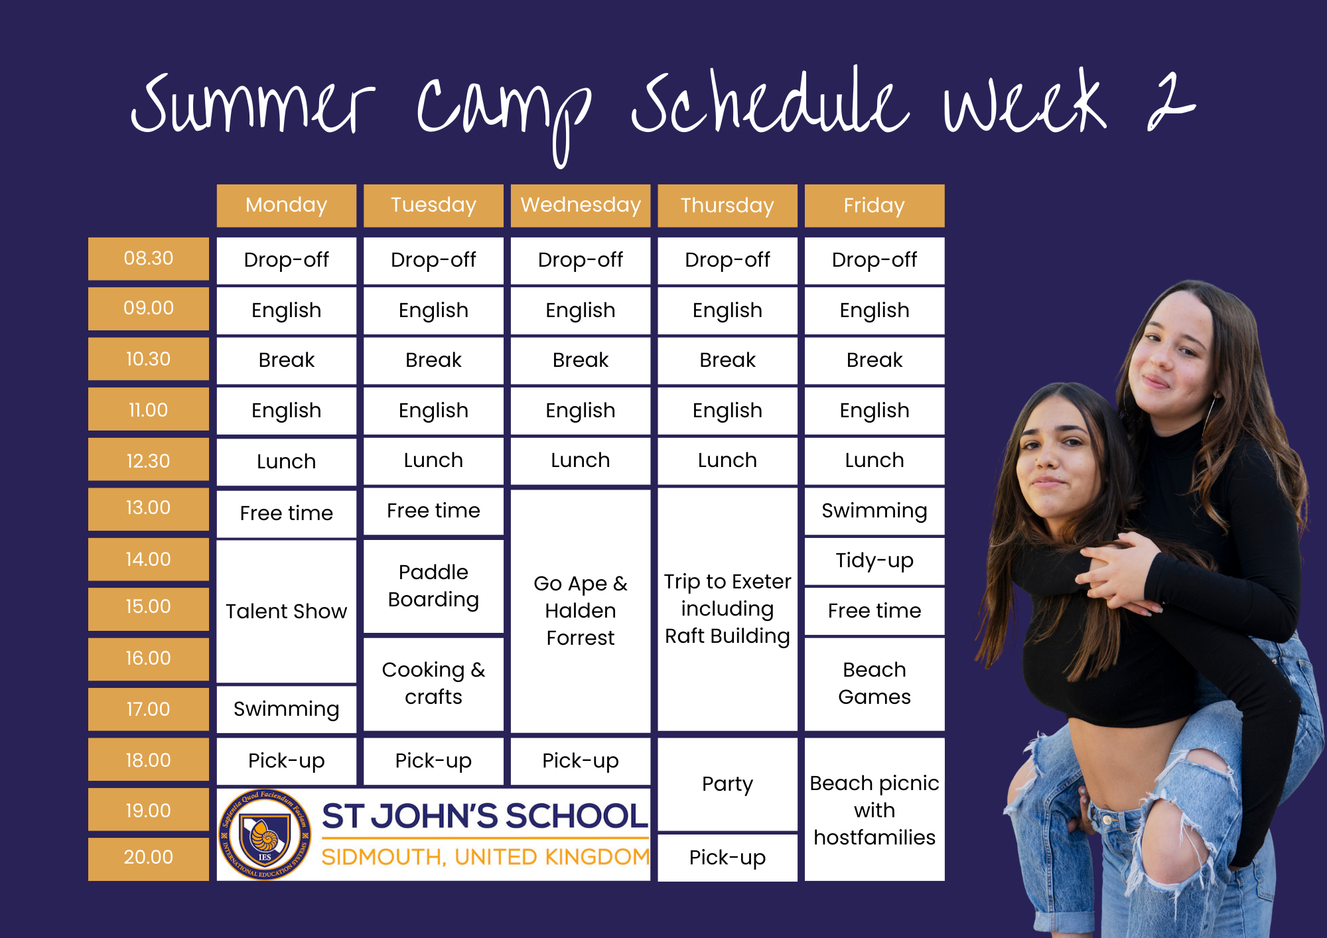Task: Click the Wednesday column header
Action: [x=581, y=205]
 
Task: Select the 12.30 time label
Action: [x=148, y=460]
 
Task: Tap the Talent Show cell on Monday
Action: [x=286, y=611]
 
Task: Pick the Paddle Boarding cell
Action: [x=433, y=586]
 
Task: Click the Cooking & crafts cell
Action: [x=433, y=683]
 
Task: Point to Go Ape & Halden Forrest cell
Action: [x=581, y=610]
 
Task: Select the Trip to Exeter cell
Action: [x=727, y=608]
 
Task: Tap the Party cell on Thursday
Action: [x=727, y=784]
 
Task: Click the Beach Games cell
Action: [x=874, y=683]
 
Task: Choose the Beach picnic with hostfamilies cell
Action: [x=874, y=810]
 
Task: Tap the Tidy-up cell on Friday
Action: [x=874, y=561]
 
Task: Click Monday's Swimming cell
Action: [x=286, y=709]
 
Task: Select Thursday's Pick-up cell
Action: [x=727, y=858]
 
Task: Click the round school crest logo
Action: [x=265, y=835]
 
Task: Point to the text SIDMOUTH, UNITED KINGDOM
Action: [x=485, y=857]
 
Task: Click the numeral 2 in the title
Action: [x=1170, y=103]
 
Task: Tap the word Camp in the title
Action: [x=504, y=109]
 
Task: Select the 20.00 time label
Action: [x=148, y=857]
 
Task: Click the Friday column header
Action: [x=874, y=206]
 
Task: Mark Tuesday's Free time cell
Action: [x=433, y=511]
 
